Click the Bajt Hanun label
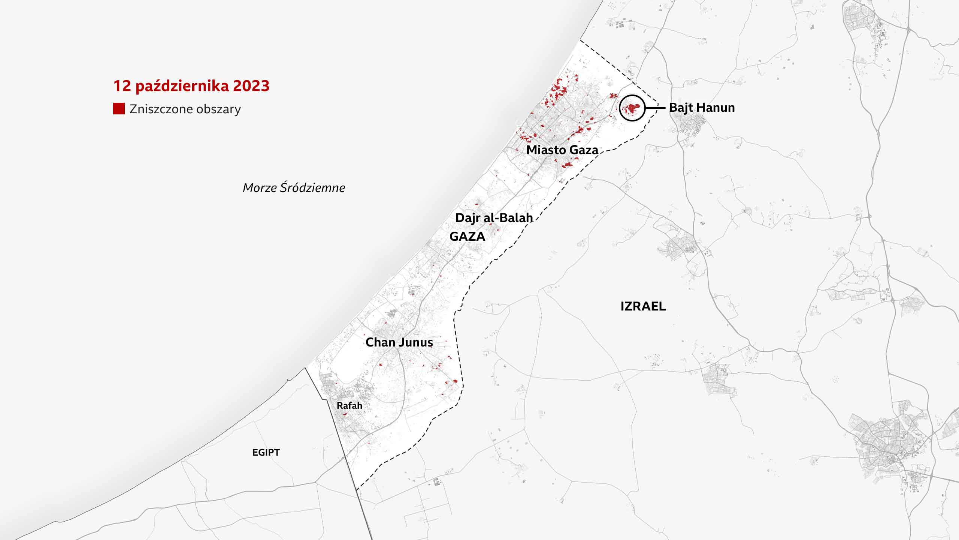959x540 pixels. pyautogui.click(x=702, y=108)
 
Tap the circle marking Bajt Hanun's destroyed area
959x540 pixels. pyautogui.click(x=632, y=108)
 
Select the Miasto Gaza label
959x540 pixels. pyautogui.click(x=562, y=150)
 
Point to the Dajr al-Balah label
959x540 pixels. pyautogui.click(x=494, y=217)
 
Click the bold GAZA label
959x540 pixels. pyautogui.click(x=467, y=236)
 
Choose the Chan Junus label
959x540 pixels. pyautogui.click(x=399, y=342)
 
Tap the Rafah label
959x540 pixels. pyautogui.click(x=349, y=405)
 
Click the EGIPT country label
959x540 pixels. pyautogui.click(x=266, y=452)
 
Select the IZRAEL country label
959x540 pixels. pyautogui.click(x=643, y=306)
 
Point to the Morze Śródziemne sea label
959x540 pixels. pyautogui.click(x=294, y=187)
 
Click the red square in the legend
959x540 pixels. pyautogui.click(x=119, y=109)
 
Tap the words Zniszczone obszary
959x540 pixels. pyautogui.click(x=185, y=109)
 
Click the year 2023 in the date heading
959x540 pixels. pyautogui.click(x=251, y=86)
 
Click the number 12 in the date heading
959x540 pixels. pyautogui.click(x=122, y=86)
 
